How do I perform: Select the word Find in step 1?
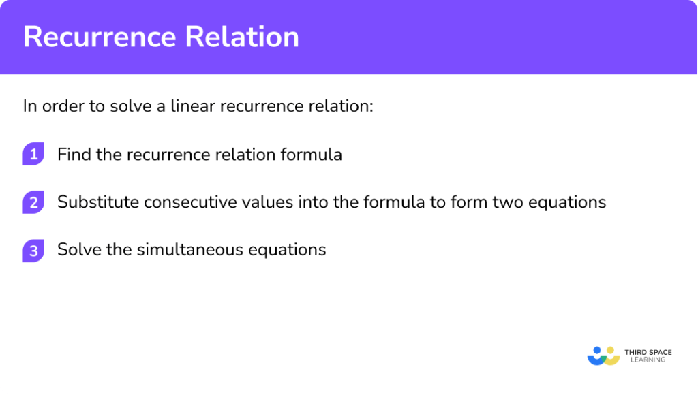(x=72, y=155)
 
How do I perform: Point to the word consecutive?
(x=179, y=202)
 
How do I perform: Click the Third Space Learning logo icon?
(x=603, y=355)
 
